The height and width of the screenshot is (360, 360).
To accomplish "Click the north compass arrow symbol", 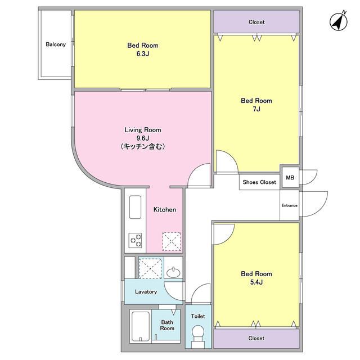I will coord(337,21).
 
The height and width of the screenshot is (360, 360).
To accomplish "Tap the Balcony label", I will coord(56,44).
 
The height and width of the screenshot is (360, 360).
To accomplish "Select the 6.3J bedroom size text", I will coord(142,54).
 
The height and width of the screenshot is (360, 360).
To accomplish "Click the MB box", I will coord(290,178).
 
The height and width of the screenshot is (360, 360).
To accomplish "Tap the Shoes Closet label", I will coord(259,182).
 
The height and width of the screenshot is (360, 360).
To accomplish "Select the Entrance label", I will coord(289,205).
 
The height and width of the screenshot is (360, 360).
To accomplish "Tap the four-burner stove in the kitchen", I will coord(136,241).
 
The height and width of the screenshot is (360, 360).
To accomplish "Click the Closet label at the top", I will coord(256,22).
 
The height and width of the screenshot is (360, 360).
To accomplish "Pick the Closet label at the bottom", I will coord(256,339).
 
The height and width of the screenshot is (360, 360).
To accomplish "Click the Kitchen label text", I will coord(165,209).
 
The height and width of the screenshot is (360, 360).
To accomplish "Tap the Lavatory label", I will coord(145,292).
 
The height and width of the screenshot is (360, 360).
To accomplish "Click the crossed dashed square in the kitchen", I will coord(172,241).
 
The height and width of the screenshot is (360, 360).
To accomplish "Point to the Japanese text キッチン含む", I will coord(142,146).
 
